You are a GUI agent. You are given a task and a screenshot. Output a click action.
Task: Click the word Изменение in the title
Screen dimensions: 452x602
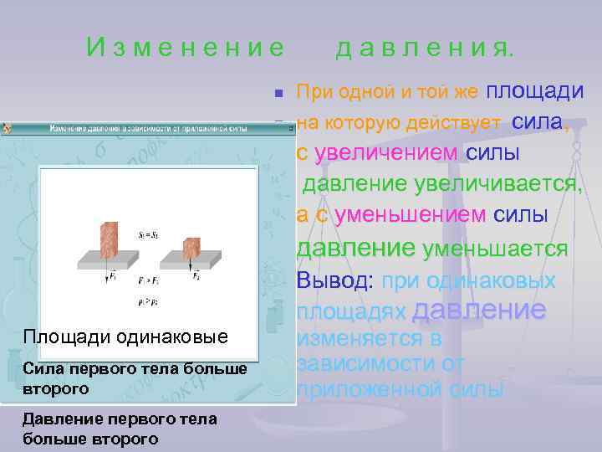tap(185, 49)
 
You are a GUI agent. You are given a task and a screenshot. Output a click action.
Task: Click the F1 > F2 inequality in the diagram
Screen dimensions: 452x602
tap(149, 280)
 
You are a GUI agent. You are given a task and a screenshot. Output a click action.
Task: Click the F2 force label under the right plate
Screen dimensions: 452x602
tap(196, 275)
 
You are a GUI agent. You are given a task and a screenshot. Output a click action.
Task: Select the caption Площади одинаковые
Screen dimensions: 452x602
tap(125, 336)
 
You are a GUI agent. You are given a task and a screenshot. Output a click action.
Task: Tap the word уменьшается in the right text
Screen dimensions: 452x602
tap(496, 249)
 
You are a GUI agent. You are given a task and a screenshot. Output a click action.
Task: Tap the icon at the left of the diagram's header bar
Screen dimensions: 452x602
tap(8, 129)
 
